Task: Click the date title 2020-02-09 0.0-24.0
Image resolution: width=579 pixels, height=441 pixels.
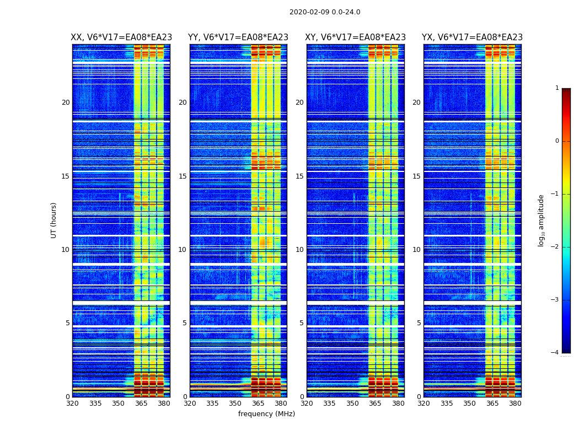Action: tap(325, 12)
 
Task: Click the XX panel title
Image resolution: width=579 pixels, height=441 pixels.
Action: tap(121, 37)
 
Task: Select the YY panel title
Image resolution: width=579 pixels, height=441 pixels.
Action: tap(238, 37)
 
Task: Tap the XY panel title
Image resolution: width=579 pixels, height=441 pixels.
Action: tap(355, 37)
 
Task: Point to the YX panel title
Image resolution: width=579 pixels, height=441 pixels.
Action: tap(472, 37)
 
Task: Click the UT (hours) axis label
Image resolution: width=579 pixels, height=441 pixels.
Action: tap(54, 220)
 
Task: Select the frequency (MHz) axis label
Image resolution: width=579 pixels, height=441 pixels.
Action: tap(266, 414)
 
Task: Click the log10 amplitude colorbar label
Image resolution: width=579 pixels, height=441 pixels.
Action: tap(542, 220)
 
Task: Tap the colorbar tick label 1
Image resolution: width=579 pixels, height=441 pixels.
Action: tap(556, 88)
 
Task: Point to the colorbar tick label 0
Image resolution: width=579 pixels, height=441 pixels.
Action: tap(556, 141)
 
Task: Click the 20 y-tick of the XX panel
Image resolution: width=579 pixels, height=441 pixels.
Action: tap(66, 103)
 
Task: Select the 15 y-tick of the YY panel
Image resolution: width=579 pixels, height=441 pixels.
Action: tap(183, 176)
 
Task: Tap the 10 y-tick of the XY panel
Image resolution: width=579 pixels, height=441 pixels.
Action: tap(299, 250)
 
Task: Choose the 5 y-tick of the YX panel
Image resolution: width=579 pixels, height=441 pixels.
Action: tap(419, 323)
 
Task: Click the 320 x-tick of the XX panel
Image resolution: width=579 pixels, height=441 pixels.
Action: tap(72, 404)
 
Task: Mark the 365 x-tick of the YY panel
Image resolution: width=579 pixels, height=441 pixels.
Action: tap(258, 404)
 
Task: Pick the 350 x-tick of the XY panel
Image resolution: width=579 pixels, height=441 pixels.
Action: tap(352, 404)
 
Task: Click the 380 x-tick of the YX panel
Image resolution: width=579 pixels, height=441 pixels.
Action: tap(515, 404)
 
